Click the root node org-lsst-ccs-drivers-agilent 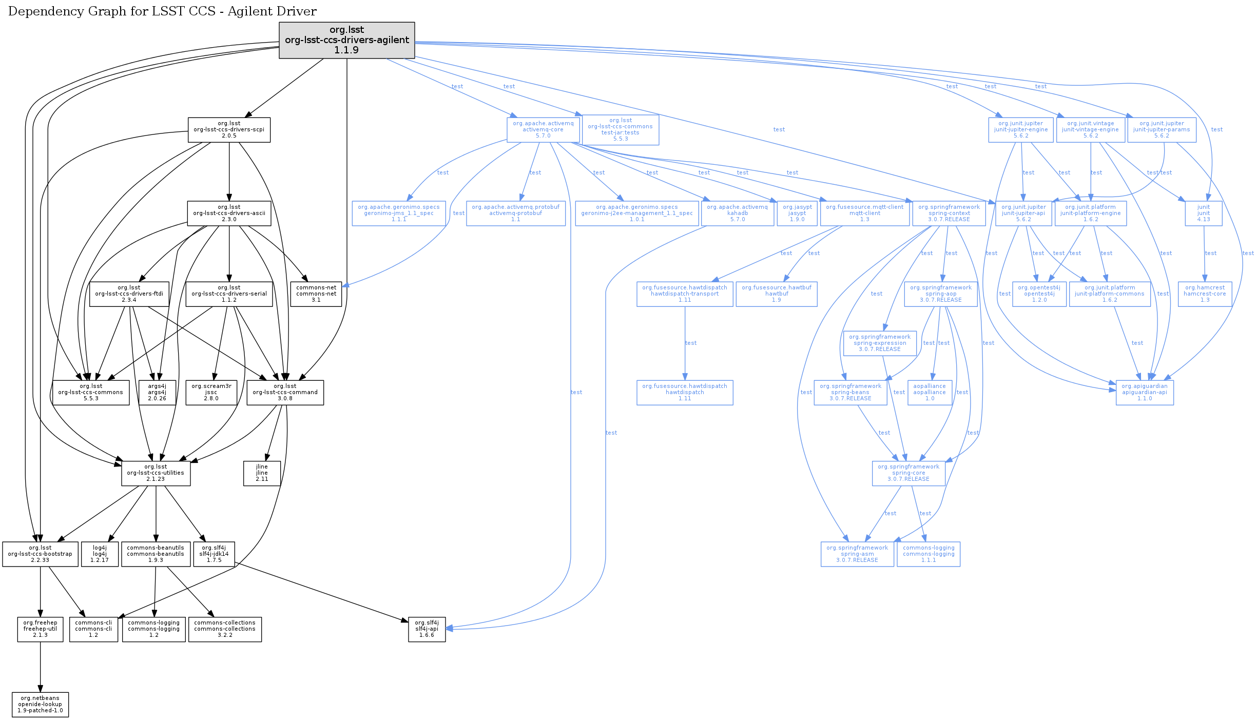click(x=346, y=40)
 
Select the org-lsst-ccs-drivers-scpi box click(x=229, y=130)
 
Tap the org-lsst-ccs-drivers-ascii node click(x=229, y=213)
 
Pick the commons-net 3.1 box click(x=316, y=294)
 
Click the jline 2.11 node click(x=262, y=473)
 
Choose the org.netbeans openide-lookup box click(x=40, y=705)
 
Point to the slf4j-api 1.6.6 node click(x=427, y=629)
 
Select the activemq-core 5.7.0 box click(x=543, y=130)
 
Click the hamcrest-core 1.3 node click(x=1205, y=294)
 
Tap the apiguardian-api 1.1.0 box click(x=1145, y=393)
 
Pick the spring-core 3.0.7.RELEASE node click(x=908, y=473)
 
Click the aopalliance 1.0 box click(x=930, y=393)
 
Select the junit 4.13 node click(x=1204, y=213)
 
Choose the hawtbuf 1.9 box click(x=777, y=294)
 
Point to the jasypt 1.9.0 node click(x=797, y=213)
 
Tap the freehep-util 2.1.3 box click(x=40, y=629)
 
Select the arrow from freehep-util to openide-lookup click(x=40, y=667)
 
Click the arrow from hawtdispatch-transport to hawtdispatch click(x=685, y=359)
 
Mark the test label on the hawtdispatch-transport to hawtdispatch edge click(x=691, y=343)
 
